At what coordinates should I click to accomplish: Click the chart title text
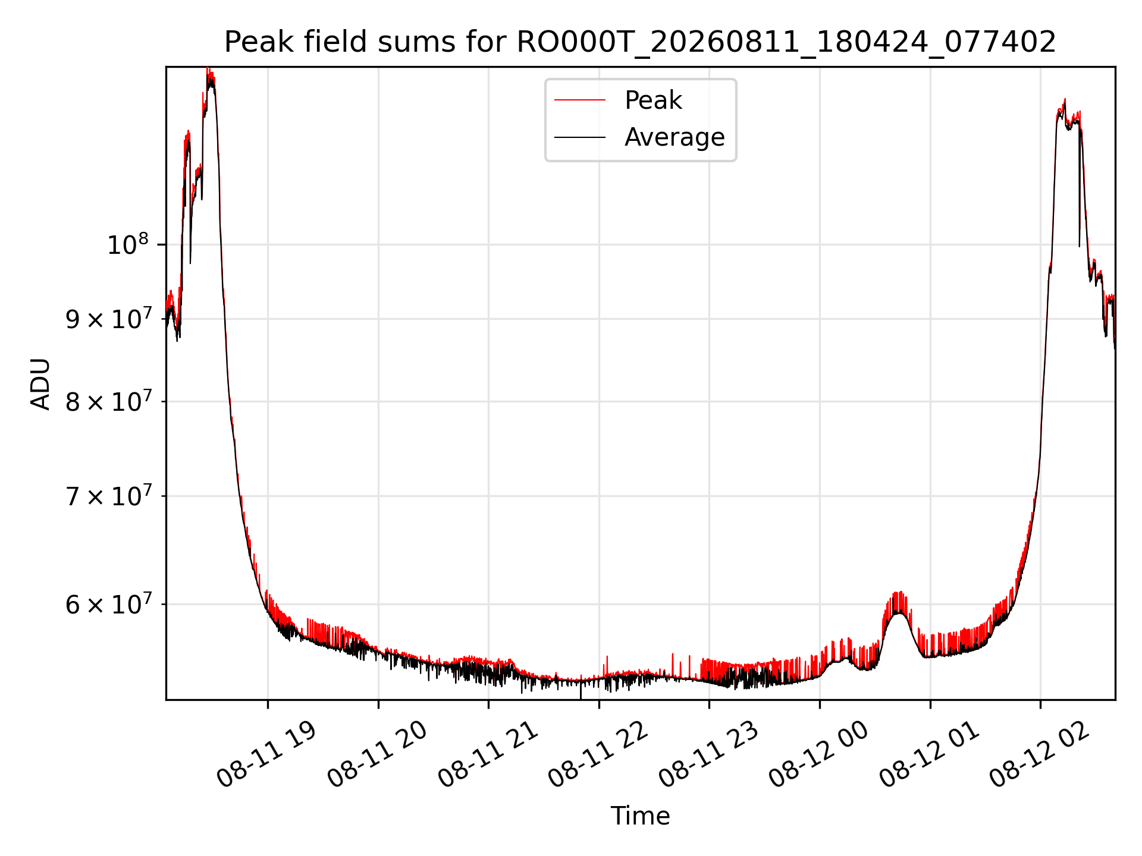[x=640, y=42]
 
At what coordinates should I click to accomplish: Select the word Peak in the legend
[x=653, y=100]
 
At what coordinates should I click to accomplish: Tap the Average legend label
[x=674, y=137]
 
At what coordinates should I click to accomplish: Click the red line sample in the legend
[x=580, y=100]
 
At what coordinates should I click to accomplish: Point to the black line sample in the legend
[x=580, y=137]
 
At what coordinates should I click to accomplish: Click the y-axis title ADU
[x=40, y=383]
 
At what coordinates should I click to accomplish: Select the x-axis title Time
[x=640, y=816]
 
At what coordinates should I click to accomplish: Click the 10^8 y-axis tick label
[x=127, y=244]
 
